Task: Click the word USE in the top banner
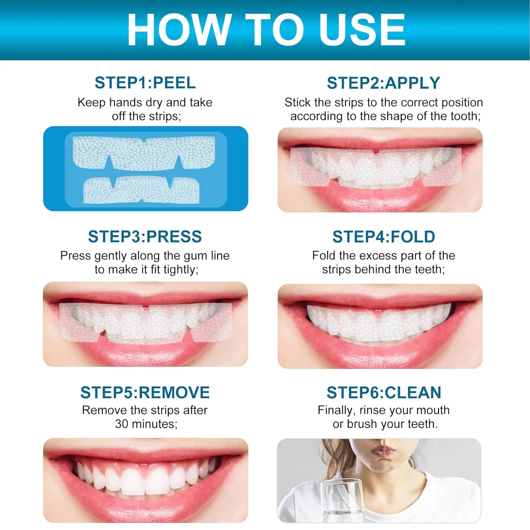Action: click(x=362, y=30)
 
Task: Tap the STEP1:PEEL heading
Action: click(x=145, y=83)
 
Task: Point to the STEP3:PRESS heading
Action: click(x=145, y=237)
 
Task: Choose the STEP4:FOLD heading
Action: click(x=383, y=237)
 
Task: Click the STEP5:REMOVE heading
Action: click(x=145, y=393)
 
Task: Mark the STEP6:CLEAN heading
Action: click(x=384, y=393)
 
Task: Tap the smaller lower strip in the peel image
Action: click(x=141, y=191)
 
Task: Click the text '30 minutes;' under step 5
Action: click(x=146, y=424)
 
